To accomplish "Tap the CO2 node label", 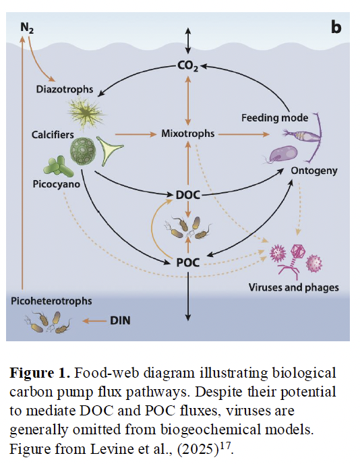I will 188,66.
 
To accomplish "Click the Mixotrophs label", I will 187,134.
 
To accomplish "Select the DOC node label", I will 188,195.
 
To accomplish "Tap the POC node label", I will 187,262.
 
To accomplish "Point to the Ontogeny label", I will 314,171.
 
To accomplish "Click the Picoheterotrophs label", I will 51,301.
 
